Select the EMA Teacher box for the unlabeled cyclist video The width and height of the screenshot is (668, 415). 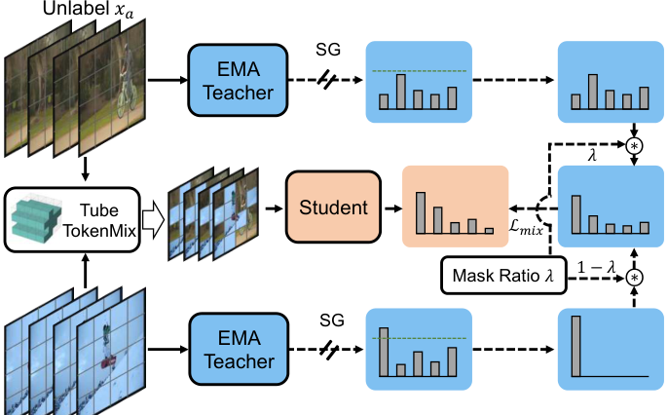234,80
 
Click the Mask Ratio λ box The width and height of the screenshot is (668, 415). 497,276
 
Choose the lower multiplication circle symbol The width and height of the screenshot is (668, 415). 634,278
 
